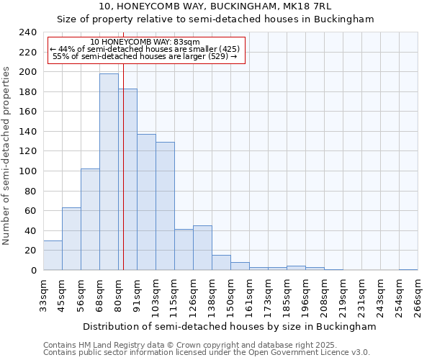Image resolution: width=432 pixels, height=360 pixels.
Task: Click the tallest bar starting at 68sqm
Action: pyautogui.click(x=109, y=172)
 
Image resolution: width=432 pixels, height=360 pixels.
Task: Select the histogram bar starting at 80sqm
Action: pyautogui.click(x=127, y=179)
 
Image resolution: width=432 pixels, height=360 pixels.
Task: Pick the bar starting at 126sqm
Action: pyautogui.click(x=202, y=248)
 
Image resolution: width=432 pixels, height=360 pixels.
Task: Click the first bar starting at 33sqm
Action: pyautogui.click(x=53, y=255)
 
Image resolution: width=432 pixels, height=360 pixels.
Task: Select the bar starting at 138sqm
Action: pyautogui.click(x=221, y=263)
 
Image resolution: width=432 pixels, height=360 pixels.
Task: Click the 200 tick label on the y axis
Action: pyautogui.click(x=27, y=72)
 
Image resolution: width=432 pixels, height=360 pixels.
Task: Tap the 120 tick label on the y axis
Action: pyautogui.click(x=27, y=151)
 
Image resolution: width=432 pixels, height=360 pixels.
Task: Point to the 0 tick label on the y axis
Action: pyautogui.click(x=33, y=270)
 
